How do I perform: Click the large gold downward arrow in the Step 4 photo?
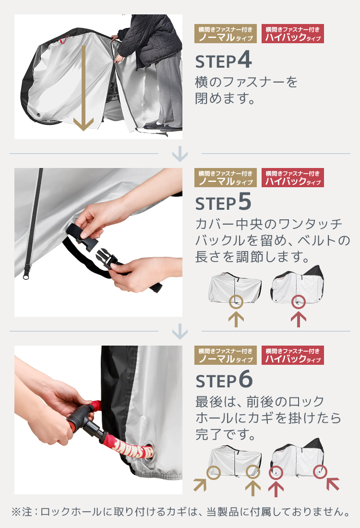pyautogui.click(x=83, y=87)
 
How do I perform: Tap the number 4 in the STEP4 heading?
pyautogui.click(x=245, y=60)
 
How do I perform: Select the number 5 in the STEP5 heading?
pyautogui.click(x=245, y=202)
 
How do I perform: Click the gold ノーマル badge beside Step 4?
pyautogui.click(x=225, y=34)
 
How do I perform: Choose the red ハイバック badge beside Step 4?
pyautogui.click(x=293, y=34)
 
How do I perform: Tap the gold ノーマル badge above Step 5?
pyautogui.click(x=225, y=178)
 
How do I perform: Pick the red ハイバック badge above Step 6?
pyautogui.click(x=293, y=355)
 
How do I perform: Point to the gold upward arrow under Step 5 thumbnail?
pyautogui.click(x=236, y=319)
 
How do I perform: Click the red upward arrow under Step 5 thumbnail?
pyautogui.click(x=299, y=319)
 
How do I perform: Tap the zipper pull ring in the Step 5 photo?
pyautogui.click(x=25, y=276)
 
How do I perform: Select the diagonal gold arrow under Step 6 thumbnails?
pyautogui.click(x=200, y=485)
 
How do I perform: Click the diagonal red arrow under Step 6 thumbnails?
pyautogui.click(x=333, y=484)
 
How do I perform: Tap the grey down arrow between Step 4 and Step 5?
pyautogui.click(x=180, y=154)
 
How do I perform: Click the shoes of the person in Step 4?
pyautogui.click(x=163, y=127)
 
